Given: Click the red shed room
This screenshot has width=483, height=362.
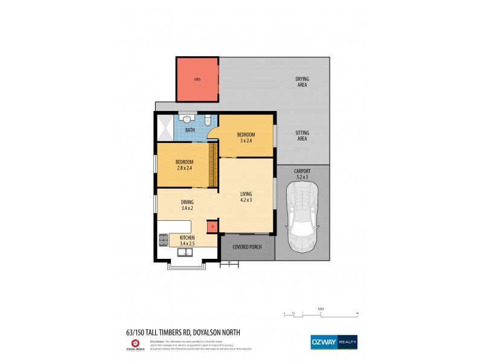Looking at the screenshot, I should click(197, 79).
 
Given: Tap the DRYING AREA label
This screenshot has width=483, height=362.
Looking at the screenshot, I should click(302, 81).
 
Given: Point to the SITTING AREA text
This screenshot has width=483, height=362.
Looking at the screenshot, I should click(302, 136).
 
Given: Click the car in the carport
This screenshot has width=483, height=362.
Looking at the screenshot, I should click(302, 217).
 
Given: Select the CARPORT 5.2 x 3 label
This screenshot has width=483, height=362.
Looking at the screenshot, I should click(302, 174).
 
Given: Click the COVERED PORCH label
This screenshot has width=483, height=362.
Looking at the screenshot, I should click(247, 247).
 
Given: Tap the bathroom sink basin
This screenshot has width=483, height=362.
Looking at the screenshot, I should click(188, 119).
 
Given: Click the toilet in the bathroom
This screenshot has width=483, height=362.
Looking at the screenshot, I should click(208, 119).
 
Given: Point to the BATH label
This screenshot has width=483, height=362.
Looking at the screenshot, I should click(190, 130).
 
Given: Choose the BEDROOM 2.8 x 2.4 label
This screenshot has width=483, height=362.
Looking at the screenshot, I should click(184, 165).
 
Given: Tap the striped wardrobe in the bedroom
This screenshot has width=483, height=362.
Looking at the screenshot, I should click(213, 165).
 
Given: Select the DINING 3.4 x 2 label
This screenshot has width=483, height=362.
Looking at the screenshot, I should click(187, 205).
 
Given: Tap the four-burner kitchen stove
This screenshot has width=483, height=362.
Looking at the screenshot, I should click(162, 241).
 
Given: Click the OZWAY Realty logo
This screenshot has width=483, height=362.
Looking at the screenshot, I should click(333, 341).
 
